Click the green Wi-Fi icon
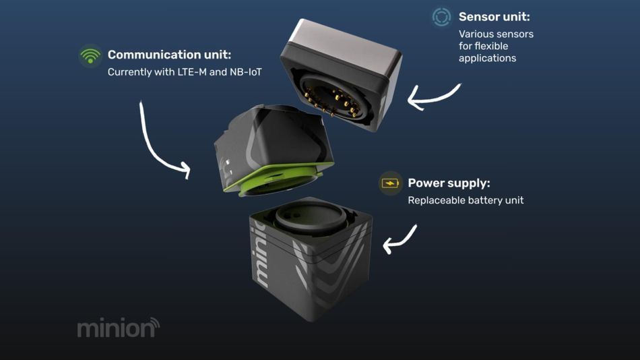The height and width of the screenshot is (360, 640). click(x=90, y=55)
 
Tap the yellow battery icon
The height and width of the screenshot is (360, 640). click(x=390, y=183)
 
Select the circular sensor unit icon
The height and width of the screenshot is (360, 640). click(x=441, y=17)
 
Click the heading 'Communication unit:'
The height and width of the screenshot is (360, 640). click(x=169, y=55)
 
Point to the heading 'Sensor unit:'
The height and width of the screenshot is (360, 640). click(x=494, y=17)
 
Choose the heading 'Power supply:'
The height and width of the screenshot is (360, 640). click(x=449, y=183)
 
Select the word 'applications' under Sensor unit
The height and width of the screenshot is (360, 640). click(x=487, y=59)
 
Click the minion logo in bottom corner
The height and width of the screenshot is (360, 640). click(x=119, y=328)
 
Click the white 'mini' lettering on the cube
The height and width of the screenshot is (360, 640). click(x=261, y=254)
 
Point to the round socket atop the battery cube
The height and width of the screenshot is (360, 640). click(x=310, y=216)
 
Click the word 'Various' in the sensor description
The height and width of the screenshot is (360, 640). click(x=474, y=34)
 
